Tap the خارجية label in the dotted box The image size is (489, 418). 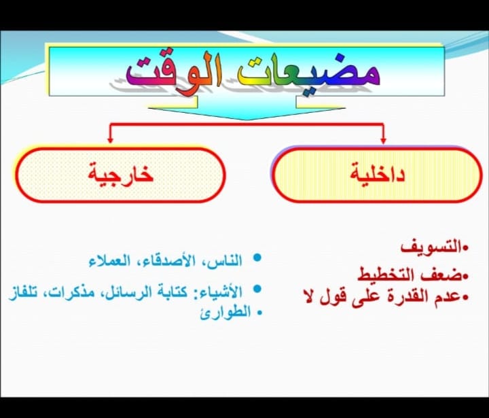(x=121, y=173)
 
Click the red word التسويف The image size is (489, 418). (x=431, y=247)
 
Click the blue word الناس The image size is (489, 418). (x=226, y=261)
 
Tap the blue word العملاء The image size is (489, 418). (x=109, y=261)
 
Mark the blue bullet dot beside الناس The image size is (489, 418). (x=257, y=258)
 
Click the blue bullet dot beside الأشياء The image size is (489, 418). (x=257, y=288)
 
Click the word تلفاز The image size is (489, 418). (x=22, y=292)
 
